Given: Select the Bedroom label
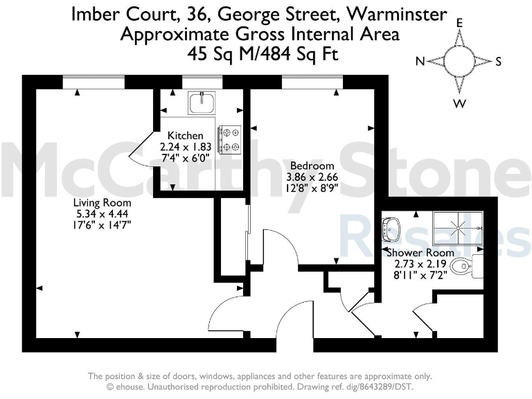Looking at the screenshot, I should coord(312,166).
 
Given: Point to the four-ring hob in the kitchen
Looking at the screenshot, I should coord(229,138).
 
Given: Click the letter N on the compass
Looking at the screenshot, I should coord(420,62).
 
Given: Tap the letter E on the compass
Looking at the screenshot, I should coord(459,22).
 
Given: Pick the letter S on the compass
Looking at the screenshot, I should coord(498,62).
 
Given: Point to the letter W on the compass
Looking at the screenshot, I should coord(459,104).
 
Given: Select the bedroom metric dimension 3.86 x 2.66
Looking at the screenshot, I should coord(312,177).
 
